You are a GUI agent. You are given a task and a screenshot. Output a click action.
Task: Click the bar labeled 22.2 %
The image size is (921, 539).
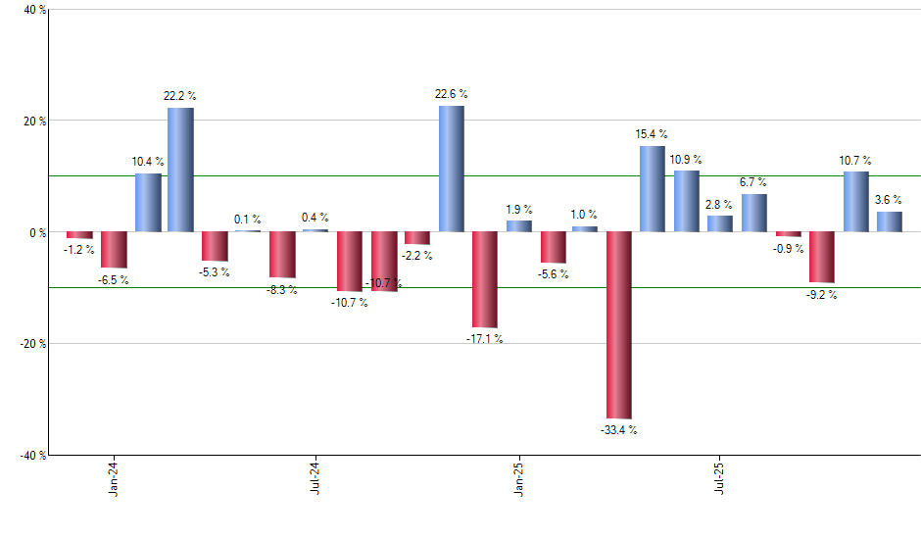180,170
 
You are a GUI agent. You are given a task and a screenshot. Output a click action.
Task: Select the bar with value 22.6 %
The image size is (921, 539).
451,169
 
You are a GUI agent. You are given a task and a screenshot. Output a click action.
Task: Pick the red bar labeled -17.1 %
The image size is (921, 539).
484,279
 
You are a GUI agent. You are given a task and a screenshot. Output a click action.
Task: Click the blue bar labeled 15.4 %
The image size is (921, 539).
653,189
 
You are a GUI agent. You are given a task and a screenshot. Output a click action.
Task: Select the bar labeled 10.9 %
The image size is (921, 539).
686,202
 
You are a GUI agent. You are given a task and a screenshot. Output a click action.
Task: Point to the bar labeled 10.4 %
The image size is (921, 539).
148,203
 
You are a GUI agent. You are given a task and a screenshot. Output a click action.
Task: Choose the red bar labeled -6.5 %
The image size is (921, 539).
115,250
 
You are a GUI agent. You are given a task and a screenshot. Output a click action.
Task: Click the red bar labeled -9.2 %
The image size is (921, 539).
821,258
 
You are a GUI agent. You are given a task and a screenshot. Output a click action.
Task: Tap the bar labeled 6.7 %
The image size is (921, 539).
753,213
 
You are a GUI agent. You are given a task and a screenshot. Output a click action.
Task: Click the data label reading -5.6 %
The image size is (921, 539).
554,274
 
